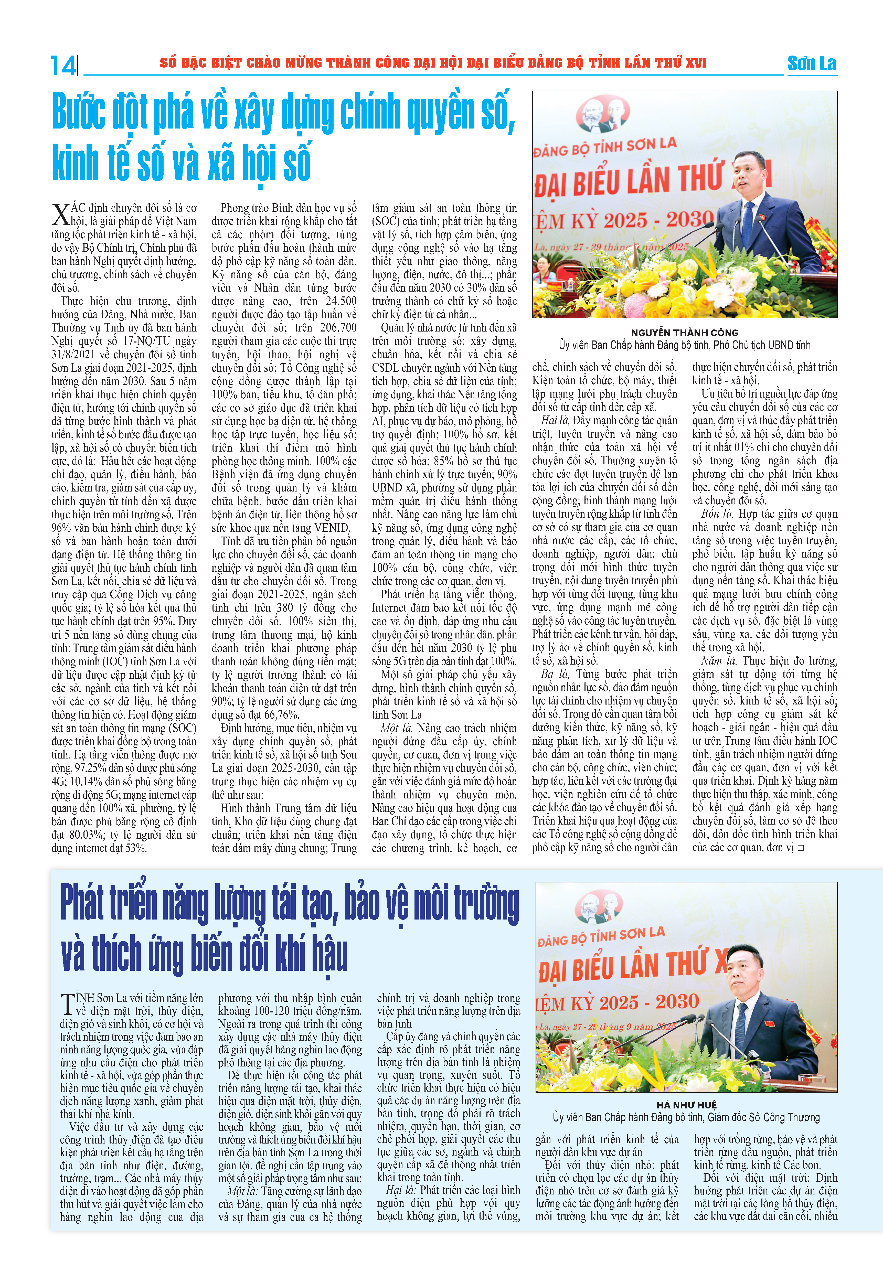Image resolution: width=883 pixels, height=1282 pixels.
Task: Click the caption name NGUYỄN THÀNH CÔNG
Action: click(684, 332)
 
